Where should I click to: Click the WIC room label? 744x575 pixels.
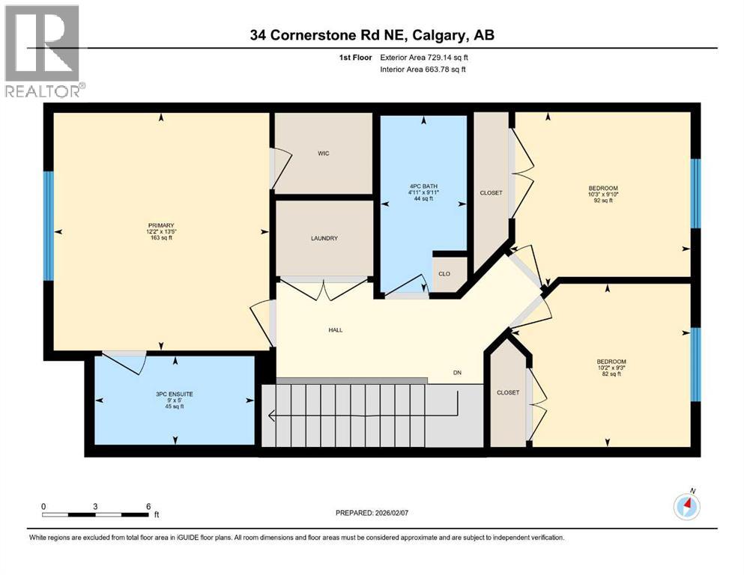pos(324,153)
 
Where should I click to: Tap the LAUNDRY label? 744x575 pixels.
pos(324,238)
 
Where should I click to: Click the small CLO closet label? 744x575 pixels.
pos(444,273)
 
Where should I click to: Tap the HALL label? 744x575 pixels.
pos(335,329)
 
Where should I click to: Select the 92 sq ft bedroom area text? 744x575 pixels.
pos(603,201)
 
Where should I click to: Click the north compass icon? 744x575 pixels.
pos(687,507)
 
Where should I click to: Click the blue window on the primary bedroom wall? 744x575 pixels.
pos(49,225)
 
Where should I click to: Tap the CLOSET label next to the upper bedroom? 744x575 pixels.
pos(491,192)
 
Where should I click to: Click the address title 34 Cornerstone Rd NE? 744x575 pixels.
pos(372,35)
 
